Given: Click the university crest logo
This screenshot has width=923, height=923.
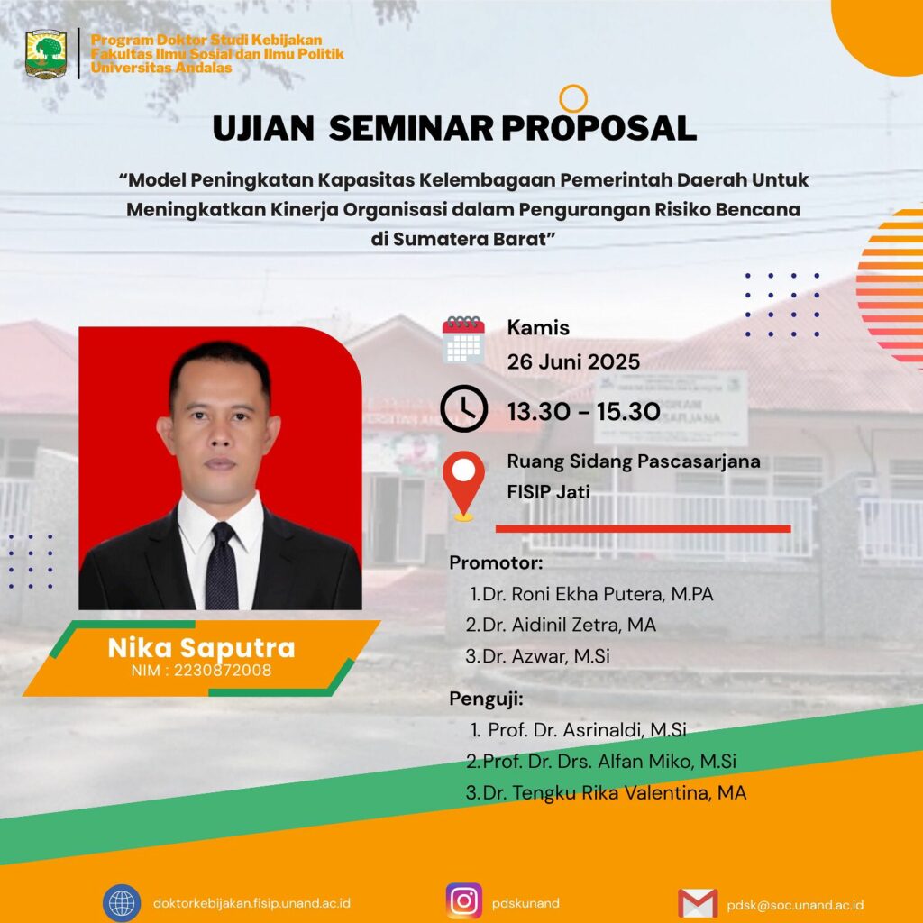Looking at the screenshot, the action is tap(46, 54).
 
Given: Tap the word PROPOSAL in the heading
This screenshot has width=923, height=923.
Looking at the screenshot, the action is tap(599, 128).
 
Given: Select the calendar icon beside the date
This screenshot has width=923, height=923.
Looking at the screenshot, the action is tap(463, 340).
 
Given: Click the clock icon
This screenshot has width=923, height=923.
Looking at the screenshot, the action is tap(464, 408).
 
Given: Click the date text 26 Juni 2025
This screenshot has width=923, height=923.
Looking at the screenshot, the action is tap(573, 361).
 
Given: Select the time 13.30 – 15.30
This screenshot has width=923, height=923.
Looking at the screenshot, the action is tap(583, 411).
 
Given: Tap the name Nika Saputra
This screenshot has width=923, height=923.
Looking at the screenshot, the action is tap(201, 647).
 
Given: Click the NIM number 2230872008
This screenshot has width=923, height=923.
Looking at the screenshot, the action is tap(223, 670).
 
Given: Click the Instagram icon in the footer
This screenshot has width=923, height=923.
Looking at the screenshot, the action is tap(464, 901).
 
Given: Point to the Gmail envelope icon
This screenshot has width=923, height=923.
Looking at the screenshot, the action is tap(698, 903).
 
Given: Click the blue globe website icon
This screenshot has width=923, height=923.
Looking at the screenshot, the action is tap(122, 903).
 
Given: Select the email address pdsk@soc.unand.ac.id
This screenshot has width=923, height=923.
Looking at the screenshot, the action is tap(795, 904).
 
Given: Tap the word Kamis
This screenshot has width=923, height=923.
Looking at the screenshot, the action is tap(538, 327).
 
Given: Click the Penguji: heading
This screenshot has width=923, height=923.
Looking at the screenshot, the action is tap(486, 699).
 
